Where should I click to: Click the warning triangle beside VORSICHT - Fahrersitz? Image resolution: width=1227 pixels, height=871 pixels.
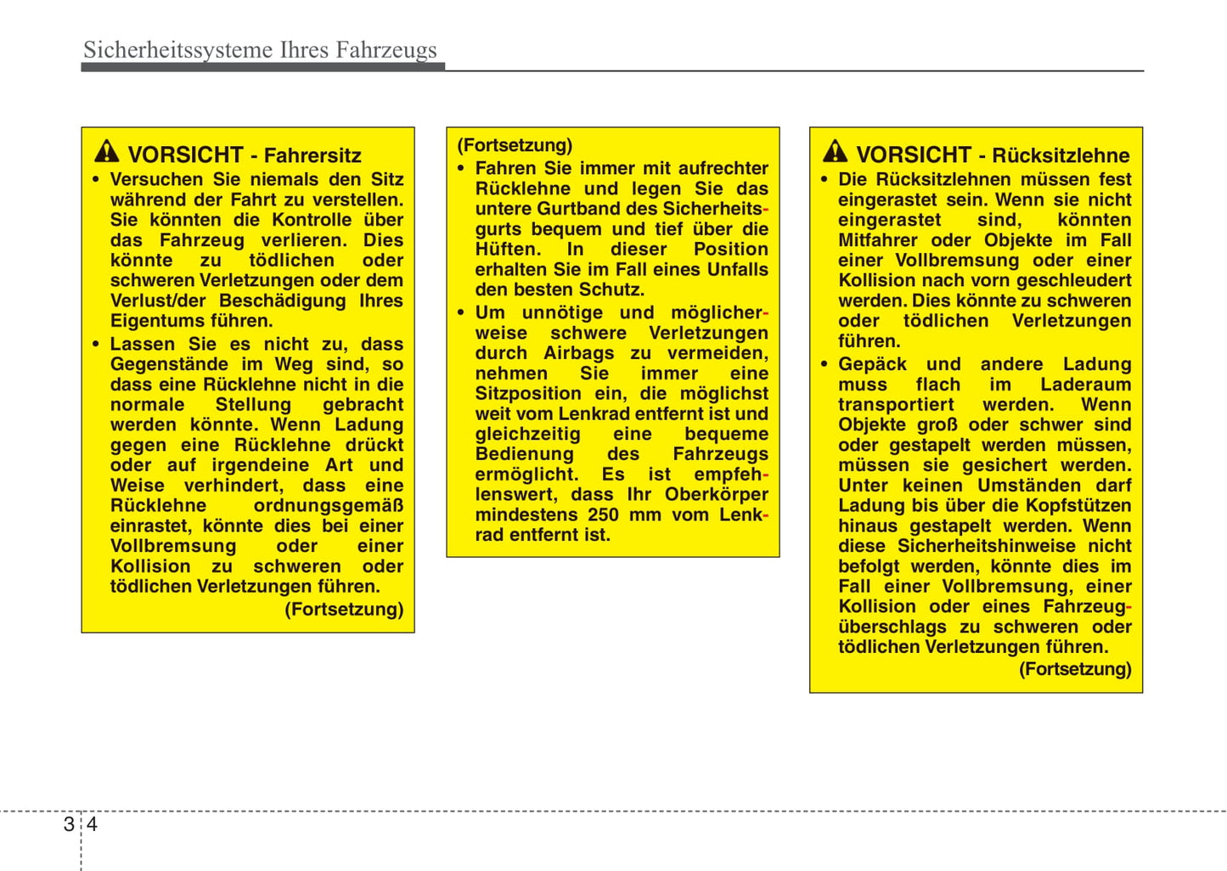107,152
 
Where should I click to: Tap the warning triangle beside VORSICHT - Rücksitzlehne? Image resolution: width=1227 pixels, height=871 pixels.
836,152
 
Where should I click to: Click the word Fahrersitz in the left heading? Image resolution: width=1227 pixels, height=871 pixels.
312,155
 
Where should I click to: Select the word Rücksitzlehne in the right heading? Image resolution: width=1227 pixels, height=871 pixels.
1061,155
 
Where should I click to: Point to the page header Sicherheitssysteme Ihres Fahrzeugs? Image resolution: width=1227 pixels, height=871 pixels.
260,50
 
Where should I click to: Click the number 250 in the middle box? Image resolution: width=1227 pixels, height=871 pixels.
603,514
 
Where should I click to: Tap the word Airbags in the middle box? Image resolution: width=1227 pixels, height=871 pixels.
578,353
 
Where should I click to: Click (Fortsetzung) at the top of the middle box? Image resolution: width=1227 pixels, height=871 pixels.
515,145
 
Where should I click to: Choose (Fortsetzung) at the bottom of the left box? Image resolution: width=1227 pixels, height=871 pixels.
344,610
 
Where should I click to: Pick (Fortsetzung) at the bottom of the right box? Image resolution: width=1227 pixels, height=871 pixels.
1075,669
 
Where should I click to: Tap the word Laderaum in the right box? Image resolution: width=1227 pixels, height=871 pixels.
1085,385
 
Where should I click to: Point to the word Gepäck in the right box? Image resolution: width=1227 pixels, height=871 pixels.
872,364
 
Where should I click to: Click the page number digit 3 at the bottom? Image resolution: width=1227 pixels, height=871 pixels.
69,824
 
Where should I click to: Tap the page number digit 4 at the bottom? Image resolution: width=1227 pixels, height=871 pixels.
92,824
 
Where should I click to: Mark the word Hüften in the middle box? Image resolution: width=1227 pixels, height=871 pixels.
507,250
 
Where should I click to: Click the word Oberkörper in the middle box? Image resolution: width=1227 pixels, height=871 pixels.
716,494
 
